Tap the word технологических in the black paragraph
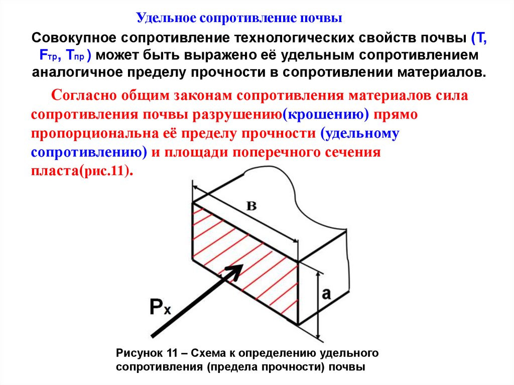[290, 38]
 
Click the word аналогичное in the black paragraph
[75, 71]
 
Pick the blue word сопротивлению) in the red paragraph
[89, 152]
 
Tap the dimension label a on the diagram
[327, 294]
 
